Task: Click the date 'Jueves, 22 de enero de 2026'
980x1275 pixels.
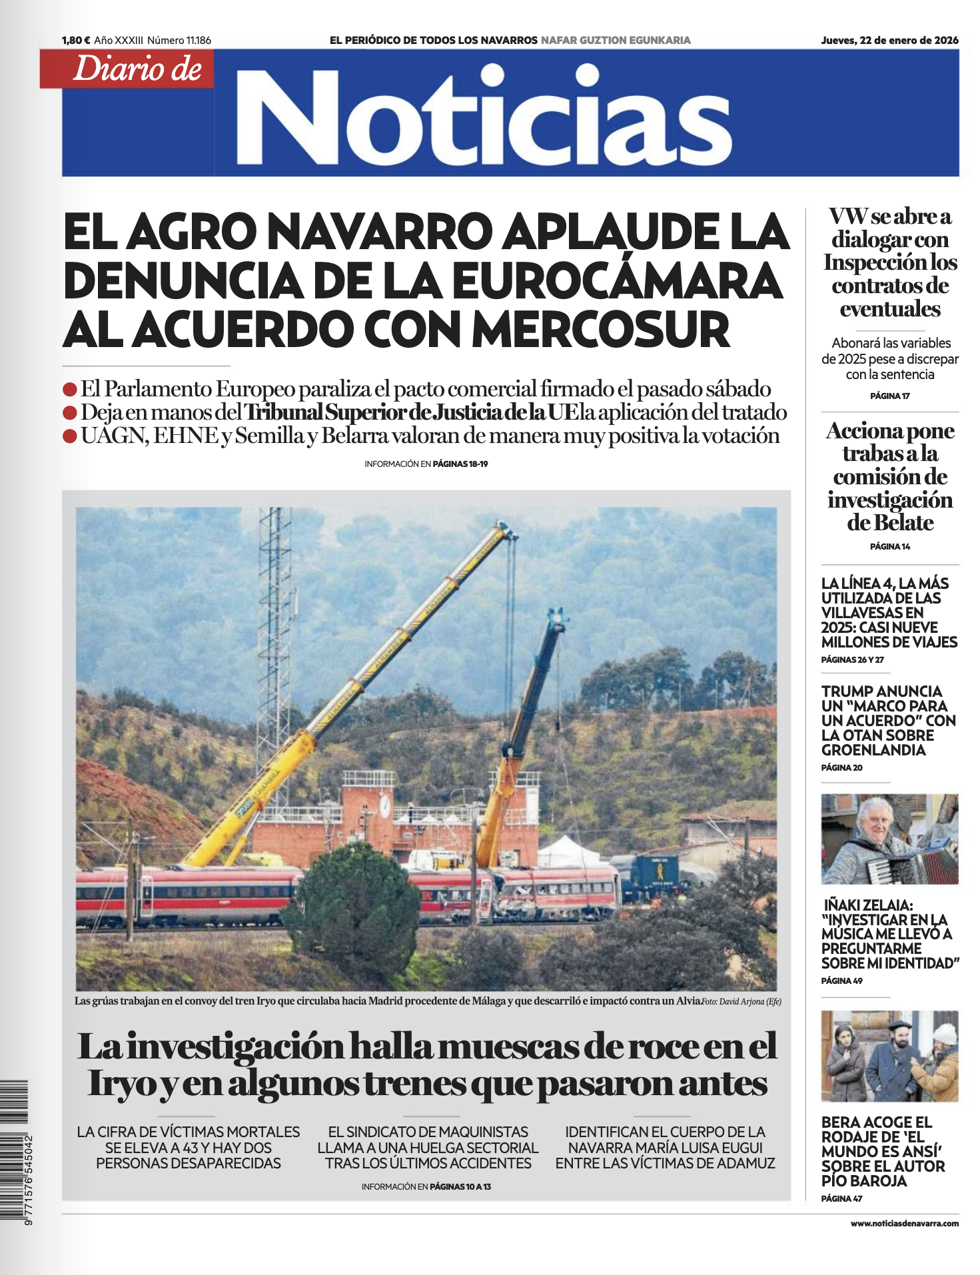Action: (x=889, y=41)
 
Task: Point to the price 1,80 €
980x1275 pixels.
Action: (x=76, y=41)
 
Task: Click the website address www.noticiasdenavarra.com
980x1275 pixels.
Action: (x=904, y=1223)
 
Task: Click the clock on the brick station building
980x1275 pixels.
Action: (x=384, y=805)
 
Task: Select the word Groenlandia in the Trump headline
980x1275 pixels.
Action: (x=873, y=750)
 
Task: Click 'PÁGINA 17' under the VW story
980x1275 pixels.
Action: (x=889, y=396)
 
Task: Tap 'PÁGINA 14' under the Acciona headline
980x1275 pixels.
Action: (x=889, y=546)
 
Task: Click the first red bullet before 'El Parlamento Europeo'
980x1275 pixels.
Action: (x=70, y=390)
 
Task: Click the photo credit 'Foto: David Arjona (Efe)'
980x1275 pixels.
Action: (x=741, y=1001)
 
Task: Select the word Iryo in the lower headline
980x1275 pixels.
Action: (x=129, y=1083)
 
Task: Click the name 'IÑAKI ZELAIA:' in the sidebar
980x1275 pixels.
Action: (x=867, y=905)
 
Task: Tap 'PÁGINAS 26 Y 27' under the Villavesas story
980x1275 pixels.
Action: (x=852, y=659)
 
